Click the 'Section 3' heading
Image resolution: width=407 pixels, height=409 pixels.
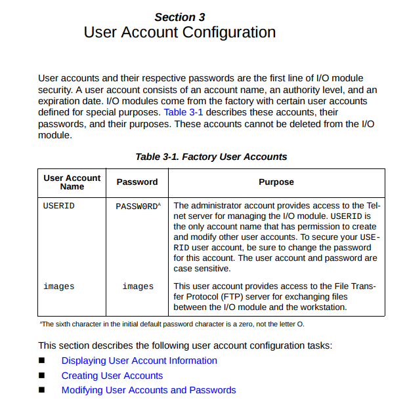point(179,18)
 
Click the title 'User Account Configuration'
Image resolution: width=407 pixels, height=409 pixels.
point(179,32)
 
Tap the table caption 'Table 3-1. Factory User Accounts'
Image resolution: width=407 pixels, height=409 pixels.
point(211,157)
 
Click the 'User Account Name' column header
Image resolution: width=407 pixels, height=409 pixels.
point(72,182)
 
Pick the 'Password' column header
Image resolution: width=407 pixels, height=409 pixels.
point(137,182)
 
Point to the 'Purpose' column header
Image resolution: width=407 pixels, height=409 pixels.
point(276,182)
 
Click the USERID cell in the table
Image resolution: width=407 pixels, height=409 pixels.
point(59,206)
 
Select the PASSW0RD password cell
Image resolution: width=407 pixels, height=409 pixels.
point(136,206)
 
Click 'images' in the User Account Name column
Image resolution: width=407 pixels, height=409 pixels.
point(59,286)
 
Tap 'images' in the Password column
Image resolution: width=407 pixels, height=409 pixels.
point(138,286)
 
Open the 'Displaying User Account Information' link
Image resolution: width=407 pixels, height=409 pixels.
point(139,360)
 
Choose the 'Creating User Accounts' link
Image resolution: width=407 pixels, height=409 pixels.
point(112,376)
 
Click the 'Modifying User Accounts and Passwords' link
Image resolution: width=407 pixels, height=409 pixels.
point(148,390)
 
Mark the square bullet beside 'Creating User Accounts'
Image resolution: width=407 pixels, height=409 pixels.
point(43,376)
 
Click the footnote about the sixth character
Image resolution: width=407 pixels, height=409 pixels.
point(172,324)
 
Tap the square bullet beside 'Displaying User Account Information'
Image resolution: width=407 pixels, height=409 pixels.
point(43,360)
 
